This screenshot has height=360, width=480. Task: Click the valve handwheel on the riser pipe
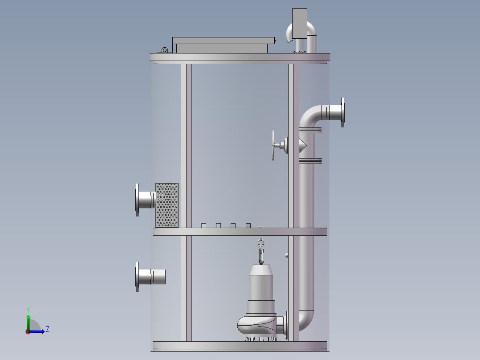(x=273, y=145)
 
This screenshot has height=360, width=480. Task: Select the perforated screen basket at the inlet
(x=167, y=205)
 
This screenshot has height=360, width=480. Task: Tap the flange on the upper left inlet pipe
(x=138, y=200)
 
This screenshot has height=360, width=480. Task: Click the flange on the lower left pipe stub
(x=138, y=277)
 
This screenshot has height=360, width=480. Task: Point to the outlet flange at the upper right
(x=342, y=112)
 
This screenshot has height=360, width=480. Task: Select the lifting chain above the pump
(x=261, y=251)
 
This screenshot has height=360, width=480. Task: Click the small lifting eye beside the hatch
(x=165, y=50)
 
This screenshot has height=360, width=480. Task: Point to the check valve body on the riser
(x=303, y=144)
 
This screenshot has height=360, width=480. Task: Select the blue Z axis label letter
(x=47, y=329)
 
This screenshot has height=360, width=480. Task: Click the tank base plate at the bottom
(x=240, y=346)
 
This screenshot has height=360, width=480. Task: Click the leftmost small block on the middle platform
(x=203, y=225)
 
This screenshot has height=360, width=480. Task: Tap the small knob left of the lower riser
(x=286, y=255)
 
